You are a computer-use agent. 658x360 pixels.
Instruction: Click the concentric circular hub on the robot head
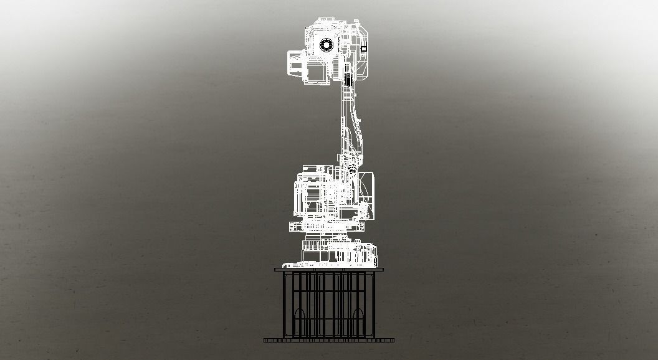point(326,44)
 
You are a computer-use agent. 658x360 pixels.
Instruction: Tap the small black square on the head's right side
point(364,48)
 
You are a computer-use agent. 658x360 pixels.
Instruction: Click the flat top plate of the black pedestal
point(329,270)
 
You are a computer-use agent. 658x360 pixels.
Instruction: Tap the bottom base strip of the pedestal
point(329,340)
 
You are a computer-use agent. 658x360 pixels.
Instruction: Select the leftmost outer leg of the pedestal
point(284,305)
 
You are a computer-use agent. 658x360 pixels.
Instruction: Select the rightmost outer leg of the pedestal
point(375,305)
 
